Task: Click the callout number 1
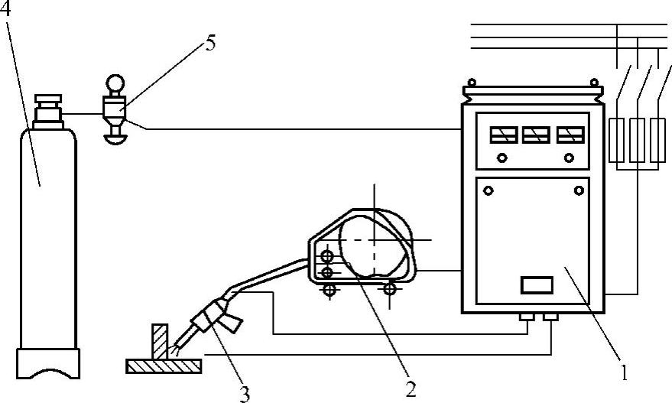(x=625, y=375)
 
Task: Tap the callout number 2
(x=411, y=388)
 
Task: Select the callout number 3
(x=244, y=393)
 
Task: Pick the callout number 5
(x=209, y=42)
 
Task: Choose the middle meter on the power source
(x=534, y=135)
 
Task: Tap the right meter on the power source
(x=568, y=135)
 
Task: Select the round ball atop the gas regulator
(x=114, y=82)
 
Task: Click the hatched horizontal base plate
(x=164, y=366)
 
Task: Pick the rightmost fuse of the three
(x=657, y=141)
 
